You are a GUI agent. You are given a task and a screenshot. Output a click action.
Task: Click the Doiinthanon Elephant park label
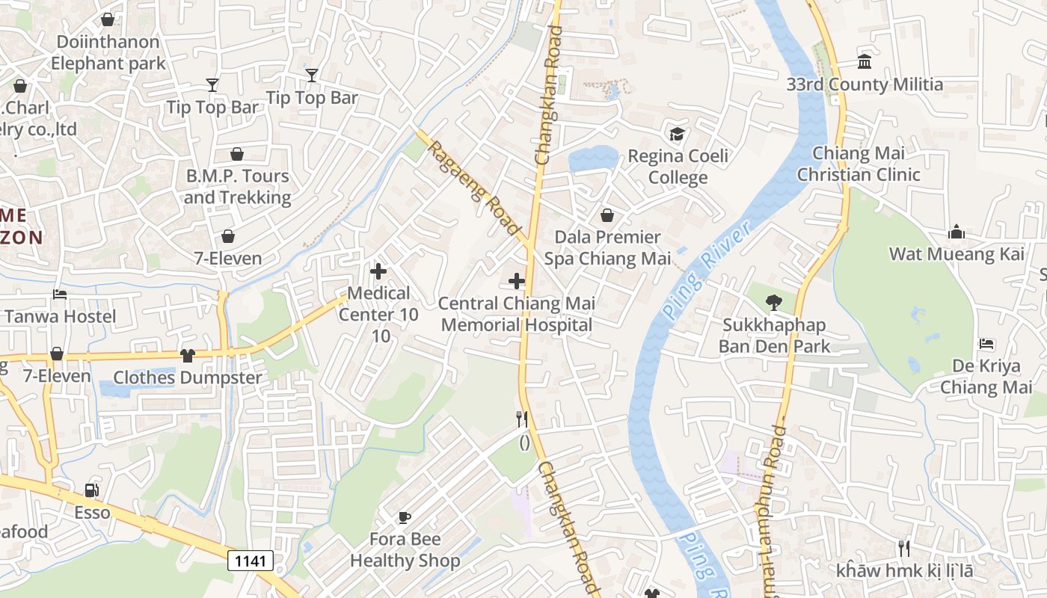point(108,52)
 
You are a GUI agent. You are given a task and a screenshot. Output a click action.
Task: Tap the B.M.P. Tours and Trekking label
point(236,187)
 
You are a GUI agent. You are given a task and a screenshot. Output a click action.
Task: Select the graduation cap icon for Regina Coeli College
point(677,135)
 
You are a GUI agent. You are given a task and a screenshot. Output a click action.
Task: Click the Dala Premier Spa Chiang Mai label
point(607,248)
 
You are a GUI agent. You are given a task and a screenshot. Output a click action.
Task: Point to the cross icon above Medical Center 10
point(379,271)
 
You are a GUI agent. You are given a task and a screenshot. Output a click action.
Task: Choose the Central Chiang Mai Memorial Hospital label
point(517,314)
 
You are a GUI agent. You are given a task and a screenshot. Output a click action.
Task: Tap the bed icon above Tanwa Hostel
point(60,295)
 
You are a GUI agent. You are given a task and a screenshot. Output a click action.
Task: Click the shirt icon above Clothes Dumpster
point(187,356)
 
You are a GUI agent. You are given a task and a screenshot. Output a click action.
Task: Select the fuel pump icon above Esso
point(92,490)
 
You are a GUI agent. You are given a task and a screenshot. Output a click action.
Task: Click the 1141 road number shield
point(251,561)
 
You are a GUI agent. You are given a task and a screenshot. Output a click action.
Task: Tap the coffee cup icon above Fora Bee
point(404,517)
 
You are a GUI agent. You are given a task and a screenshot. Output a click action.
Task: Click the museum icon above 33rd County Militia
point(865,62)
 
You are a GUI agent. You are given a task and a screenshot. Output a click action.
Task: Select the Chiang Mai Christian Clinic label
point(859,164)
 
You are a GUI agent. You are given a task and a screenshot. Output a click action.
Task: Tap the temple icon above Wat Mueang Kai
point(957,232)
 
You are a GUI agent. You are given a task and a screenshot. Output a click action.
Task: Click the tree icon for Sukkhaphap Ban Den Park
point(774,303)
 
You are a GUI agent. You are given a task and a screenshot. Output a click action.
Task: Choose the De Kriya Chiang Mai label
point(986,377)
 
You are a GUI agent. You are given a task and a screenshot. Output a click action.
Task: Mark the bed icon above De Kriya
point(986,344)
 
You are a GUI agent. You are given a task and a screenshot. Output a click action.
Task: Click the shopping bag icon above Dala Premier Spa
point(607,215)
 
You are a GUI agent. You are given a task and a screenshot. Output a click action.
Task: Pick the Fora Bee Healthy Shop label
point(405,550)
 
